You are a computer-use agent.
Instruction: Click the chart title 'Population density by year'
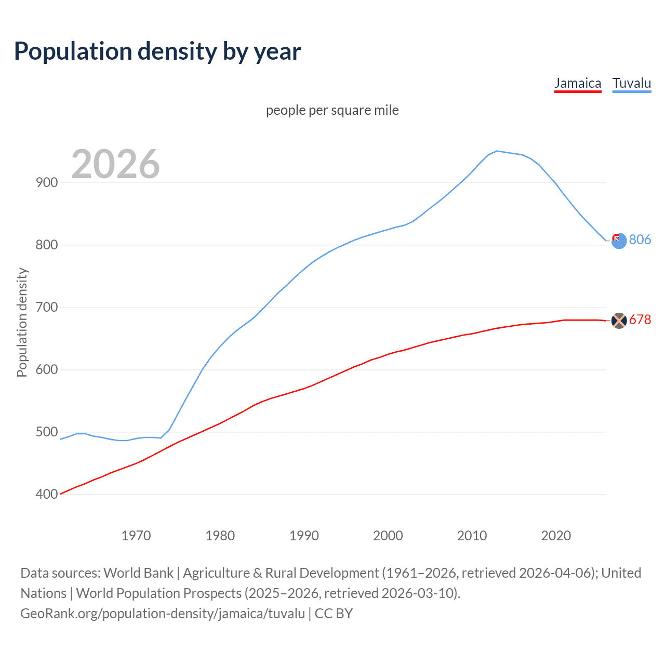click(x=157, y=51)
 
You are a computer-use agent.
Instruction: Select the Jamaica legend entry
click(x=577, y=83)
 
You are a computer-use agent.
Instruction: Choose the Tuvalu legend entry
click(x=631, y=83)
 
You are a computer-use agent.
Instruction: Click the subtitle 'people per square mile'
click(x=332, y=110)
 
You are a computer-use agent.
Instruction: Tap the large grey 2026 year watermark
click(x=115, y=164)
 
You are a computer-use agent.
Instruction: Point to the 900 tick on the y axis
click(x=47, y=182)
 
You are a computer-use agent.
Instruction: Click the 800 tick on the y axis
click(x=47, y=245)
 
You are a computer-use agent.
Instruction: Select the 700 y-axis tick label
click(x=47, y=307)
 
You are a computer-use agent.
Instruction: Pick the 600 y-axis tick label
click(x=47, y=369)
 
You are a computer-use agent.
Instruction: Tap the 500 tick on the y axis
click(x=47, y=432)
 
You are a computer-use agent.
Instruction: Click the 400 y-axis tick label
click(x=47, y=494)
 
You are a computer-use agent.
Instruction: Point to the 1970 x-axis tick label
click(x=136, y=536)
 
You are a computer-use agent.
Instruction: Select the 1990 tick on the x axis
click(x=304, y=536)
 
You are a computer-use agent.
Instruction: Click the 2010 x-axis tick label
click(x=472, y=536)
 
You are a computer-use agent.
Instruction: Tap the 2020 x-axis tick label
click(x=556, y=536)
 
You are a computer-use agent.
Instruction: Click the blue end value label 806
click(x=640, y=240)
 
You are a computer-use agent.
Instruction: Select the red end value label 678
click(x=640, y=320)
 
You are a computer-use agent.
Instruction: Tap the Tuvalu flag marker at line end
click(x=619, y=241)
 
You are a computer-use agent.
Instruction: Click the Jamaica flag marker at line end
click(x=619, y=321)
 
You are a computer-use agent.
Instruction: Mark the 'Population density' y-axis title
click(x=22, y=322)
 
